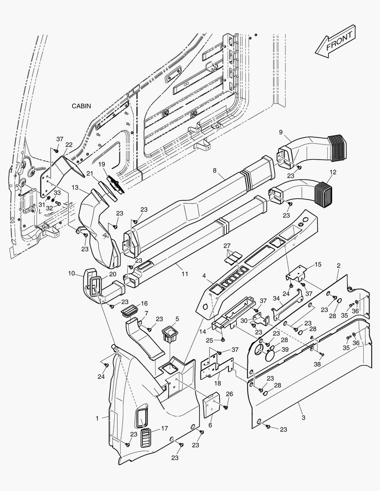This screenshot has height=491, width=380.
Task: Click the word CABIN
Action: pyautogui.click(x=81, y=106)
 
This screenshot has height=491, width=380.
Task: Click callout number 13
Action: pyautogui.click(x=75, y=187)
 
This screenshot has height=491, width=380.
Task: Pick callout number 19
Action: pyautogui.click(x=101, y=164)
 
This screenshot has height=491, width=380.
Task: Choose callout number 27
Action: pyautogui.click(x=227, y=246)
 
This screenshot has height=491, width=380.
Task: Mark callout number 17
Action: pyautogui.click(x=164, y=428)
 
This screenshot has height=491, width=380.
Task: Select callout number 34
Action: pyautogui.click(x=276, y=298)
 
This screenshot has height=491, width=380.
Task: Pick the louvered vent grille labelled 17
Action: pyautogui.click(x=147, y=436)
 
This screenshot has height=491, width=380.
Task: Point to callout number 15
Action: pyautogui.click(x=318, y=264)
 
